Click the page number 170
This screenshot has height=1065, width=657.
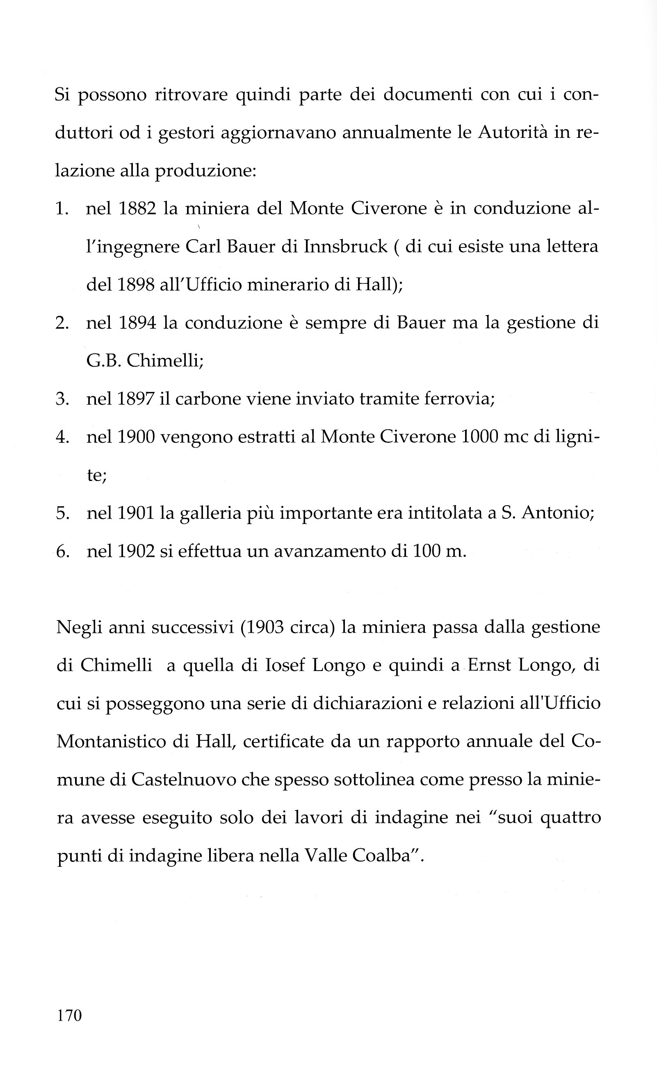coord(69,1015)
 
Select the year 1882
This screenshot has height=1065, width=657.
coord(137,208)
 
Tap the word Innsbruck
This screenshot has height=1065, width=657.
coord(345,247)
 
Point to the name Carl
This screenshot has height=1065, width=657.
coord(203,247)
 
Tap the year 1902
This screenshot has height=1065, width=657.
coord(136,551)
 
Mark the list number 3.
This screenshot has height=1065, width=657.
coord(62,399)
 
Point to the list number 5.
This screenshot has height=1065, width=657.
coord(62,513)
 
